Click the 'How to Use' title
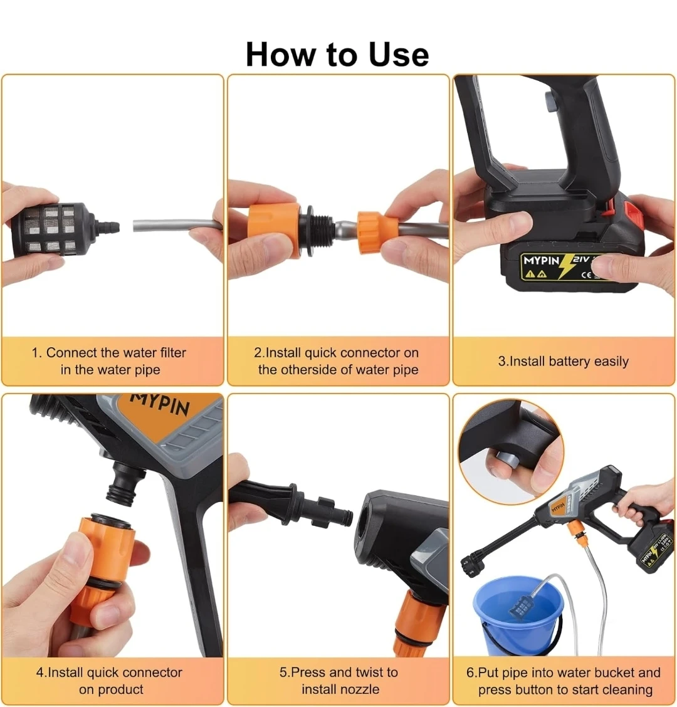coord(337,55)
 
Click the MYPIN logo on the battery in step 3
coord(541,261)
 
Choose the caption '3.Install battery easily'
coord(564,361)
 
